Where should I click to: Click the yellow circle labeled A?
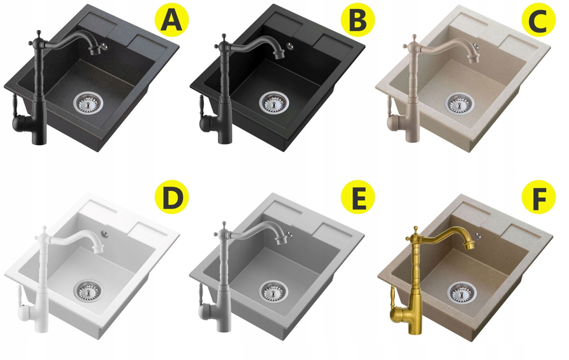click(172, 20)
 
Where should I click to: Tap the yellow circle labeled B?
click(358, 20)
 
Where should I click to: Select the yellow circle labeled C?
click(538, 20)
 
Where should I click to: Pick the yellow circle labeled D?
click(172, 197)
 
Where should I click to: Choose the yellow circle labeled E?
click(358, 197)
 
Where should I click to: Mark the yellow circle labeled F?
click(538, 197)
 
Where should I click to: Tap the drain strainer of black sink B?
click(274, 103)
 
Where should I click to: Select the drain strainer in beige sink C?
click(459, 104)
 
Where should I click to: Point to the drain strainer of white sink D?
click(89, 291)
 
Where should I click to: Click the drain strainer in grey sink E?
click(273, 292)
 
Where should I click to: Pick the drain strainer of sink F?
click(462, 293)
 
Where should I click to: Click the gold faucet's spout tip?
click(469, 246)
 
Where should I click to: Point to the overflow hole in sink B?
click(289, 46)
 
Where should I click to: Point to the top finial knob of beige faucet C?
click(414, 37)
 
